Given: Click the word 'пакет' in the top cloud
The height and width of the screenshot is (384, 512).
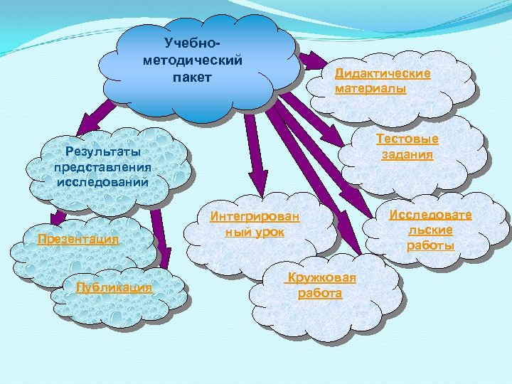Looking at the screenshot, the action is [192, 76].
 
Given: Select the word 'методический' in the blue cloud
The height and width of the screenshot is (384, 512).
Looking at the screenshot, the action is [193, 60].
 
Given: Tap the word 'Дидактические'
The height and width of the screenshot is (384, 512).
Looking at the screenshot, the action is [383, 74].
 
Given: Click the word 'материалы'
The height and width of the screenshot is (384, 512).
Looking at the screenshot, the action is [370, 89].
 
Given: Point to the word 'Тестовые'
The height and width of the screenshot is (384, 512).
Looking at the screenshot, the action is [407, 139].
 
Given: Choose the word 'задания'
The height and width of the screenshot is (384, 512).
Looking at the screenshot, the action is [407, 155].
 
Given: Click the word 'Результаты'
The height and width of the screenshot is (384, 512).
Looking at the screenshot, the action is [102, 151].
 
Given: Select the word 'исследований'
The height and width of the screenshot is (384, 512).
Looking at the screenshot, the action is [102, 181].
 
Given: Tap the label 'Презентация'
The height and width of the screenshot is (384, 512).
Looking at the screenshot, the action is [78, 239].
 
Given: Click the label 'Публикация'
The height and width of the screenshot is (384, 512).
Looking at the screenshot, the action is [114, 287].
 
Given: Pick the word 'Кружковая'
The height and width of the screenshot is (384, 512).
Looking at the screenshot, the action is [320, 278].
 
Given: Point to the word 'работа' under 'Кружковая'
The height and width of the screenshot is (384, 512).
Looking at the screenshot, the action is [320, 293].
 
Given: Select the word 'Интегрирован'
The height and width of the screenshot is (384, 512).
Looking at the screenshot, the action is [255, 217].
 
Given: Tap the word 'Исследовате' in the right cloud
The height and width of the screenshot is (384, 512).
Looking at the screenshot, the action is [430, 215].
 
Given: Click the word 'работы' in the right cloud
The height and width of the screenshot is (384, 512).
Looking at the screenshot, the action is [430, 245].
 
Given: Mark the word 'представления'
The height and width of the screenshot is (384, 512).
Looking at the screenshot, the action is [102, 166].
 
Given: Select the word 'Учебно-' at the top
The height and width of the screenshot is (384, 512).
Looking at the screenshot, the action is [193, 44].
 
